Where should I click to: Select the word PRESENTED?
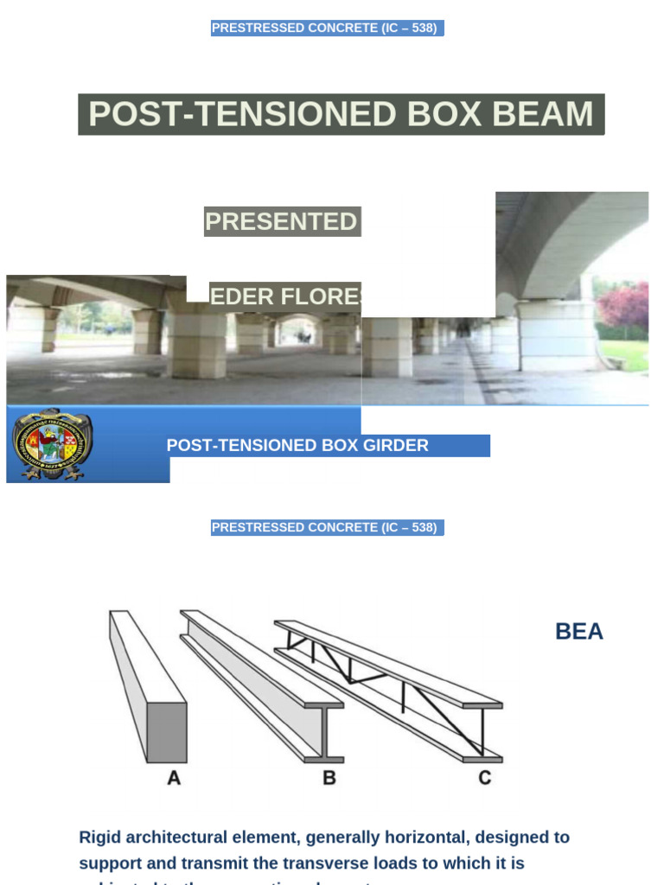pos(281,222)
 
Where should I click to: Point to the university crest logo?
pos(52,444)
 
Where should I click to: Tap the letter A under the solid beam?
pos(174,778)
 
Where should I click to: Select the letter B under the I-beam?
pos(329,778)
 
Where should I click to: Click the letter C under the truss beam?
pos(485,778)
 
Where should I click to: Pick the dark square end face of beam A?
pos(167,732)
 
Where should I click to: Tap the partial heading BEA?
pos(579,632)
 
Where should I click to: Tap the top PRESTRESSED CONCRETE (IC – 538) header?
pos(327,29)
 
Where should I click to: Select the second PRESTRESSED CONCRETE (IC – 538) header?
pos(327,527)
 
